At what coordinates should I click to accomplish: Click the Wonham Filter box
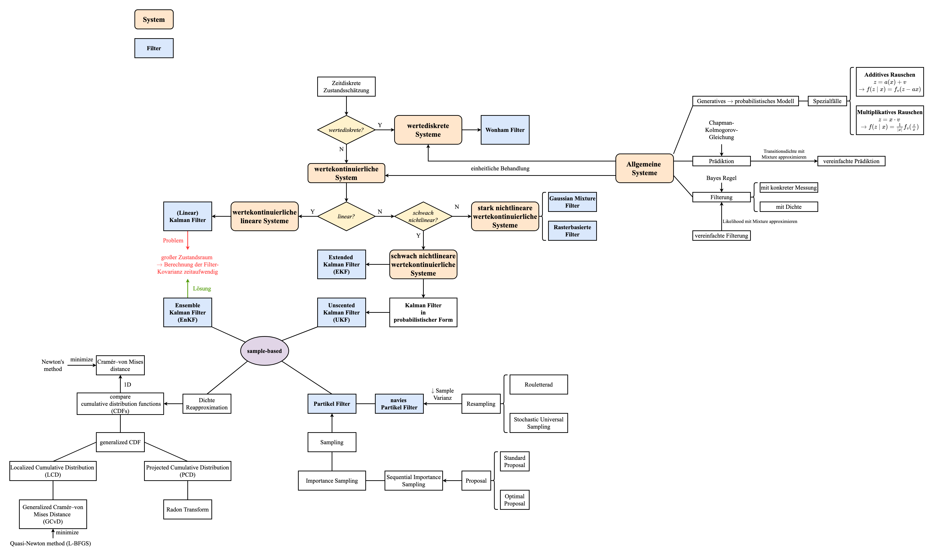click(505, 130)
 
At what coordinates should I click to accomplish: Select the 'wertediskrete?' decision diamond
click(346, 130)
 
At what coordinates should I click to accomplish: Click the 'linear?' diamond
click(346, 216)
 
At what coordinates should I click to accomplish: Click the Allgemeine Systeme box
click(644, 168)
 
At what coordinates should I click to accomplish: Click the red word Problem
click(173, 240)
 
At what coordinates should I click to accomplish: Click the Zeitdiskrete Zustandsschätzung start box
click(346, 86)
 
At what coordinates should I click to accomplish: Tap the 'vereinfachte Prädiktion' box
click(851, 161)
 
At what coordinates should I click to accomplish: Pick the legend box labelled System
click(154, 19)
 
